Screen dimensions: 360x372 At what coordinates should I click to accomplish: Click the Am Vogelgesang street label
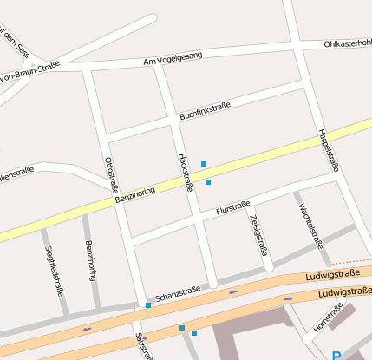coord(173,58)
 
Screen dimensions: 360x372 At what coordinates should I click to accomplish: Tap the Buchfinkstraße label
coord(205,111)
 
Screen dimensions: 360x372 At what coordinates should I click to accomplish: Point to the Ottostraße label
coord(111,175)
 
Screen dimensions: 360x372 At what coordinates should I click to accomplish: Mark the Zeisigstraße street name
coord(258,233)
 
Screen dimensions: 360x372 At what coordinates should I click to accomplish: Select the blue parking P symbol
coord(336,354)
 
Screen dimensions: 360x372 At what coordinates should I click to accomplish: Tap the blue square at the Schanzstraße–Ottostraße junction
coord(148,305)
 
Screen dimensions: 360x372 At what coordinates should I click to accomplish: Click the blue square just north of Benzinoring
coord(204,164)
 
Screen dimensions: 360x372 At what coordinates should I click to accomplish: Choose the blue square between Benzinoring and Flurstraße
coord(208,182)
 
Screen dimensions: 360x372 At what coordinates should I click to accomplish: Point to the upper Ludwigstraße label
coord(333,276)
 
